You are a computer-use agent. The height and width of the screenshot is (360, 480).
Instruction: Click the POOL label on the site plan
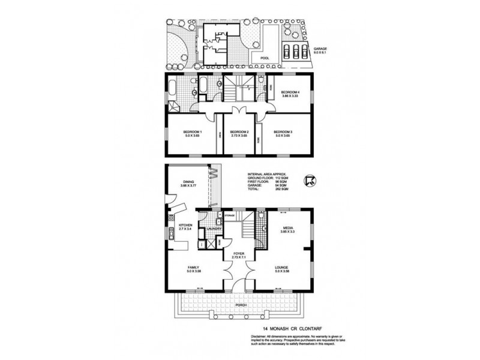pos(265,58)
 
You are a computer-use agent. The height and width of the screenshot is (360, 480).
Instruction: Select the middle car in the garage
pos(295,50)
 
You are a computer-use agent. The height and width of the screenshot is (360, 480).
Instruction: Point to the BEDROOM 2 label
pos(239,133)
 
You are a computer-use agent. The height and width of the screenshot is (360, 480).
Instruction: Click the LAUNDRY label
pos(214,229)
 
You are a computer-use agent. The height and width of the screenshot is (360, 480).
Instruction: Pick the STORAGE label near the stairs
pos(229,214)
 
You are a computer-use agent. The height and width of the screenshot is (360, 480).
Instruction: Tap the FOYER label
pos(239,254)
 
